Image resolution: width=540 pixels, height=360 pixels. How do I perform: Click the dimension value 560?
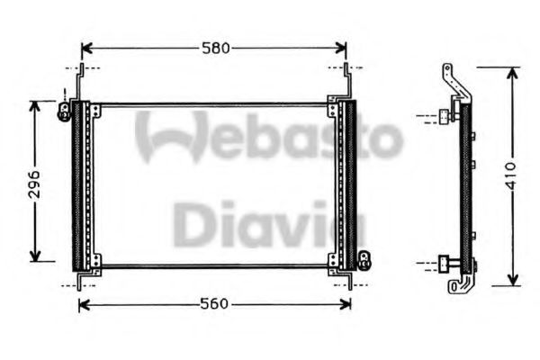212,305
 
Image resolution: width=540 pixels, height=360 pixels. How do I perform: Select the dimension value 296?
33,180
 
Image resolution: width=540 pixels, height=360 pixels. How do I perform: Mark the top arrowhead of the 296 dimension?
35,105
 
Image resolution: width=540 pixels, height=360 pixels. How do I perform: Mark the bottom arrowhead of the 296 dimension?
35,256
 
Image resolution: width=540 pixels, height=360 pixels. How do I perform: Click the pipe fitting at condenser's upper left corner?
65,110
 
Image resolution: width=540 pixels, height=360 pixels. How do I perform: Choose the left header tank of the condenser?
78,184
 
